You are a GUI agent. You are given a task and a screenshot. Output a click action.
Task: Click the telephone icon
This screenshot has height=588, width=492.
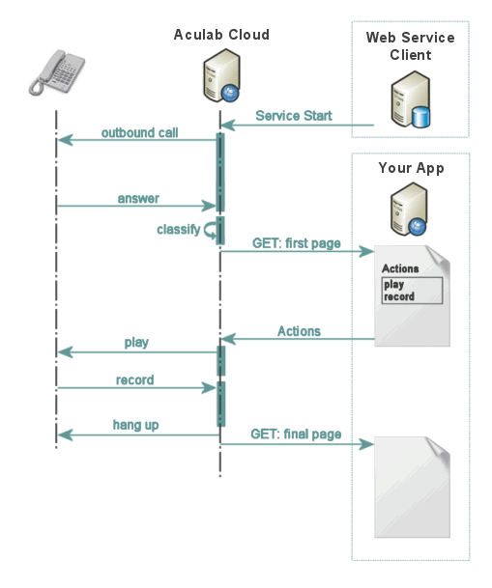pos(56,74)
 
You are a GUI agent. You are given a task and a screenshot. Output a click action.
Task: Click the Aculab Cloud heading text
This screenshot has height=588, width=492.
pos(221,35)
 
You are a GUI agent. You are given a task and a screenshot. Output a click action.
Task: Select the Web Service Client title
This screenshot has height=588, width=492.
pos(410,46)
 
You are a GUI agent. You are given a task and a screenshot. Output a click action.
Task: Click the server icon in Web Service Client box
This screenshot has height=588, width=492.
pos(410,102)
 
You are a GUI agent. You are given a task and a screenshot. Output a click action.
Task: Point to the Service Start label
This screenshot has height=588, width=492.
pos(293,116)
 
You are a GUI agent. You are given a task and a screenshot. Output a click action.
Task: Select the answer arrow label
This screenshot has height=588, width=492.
pos(138,199)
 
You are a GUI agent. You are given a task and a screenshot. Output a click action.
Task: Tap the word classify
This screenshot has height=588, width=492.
pos(178,230)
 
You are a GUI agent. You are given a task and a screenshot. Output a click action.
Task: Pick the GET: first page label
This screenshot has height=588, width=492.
pos(296,243)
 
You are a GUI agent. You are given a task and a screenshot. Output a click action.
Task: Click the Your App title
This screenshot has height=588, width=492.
pos(411,168)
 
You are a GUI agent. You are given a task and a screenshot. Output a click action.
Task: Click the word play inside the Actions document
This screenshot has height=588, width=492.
pos(393,285)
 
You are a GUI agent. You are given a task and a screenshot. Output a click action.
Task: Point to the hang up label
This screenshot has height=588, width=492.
pos(135,425)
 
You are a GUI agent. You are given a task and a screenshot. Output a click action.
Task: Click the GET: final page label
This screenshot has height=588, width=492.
pos(296,434)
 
